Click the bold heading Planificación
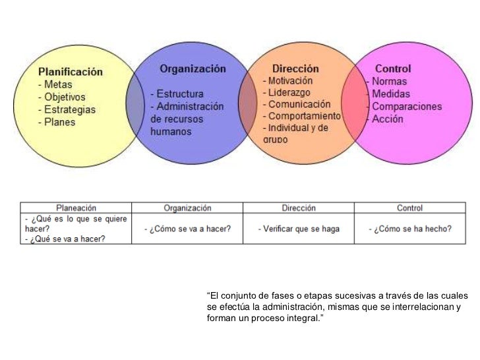pos(71,72)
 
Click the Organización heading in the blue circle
pos(192,69)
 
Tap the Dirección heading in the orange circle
pos(295,69)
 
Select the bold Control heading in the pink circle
pos(392,69)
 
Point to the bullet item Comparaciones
pos(407,107)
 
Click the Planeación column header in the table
pos(75,208)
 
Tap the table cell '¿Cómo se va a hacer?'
pos(187,229)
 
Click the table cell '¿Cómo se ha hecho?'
pos(410,229)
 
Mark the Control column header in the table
pos(409,208)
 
